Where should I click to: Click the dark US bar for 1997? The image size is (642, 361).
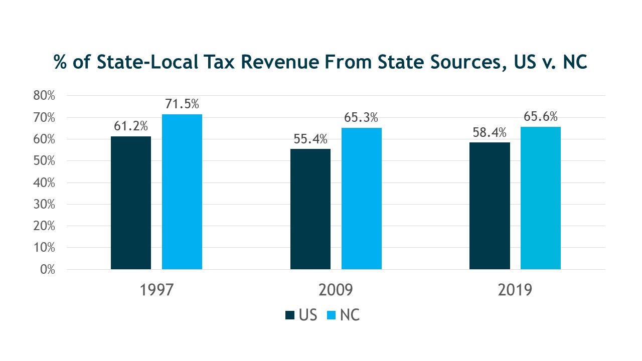(131, 203)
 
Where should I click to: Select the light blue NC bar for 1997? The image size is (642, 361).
(182, 192)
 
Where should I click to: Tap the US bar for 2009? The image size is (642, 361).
(310, 209)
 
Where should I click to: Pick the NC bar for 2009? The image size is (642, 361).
(362, 199)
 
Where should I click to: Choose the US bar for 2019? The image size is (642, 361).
(490, 206)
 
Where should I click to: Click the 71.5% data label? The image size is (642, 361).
(182, 104)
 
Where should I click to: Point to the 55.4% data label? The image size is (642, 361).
(310, 138)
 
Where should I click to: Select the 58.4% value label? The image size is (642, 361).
(490, 133)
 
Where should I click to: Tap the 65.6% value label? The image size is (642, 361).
(541, 117)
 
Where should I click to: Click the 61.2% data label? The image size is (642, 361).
(131, 126)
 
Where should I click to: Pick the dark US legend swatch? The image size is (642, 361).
(290, 315)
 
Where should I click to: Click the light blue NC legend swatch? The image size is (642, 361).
(331, 315)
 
